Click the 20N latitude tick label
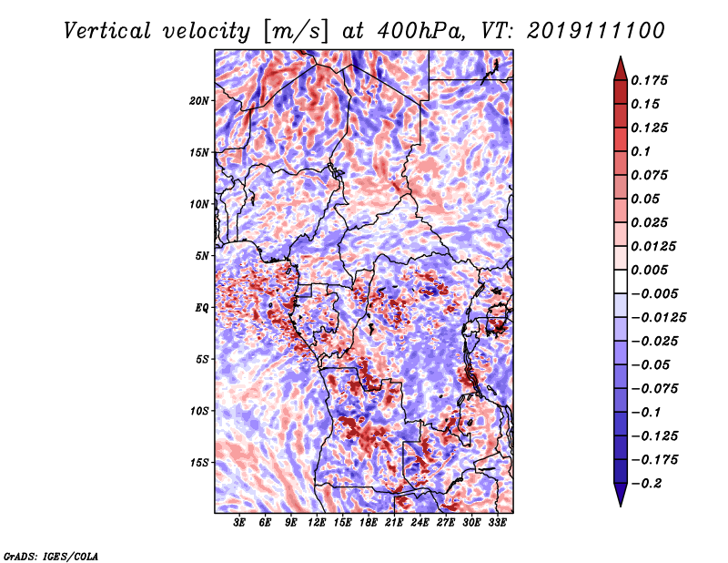tap(199, 101)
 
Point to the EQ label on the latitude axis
tap(201, 308)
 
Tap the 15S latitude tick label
tap(199, 463)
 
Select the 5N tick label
tap(202, 256)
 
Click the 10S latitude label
tap(199, 411)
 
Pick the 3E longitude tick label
tap(239, 522)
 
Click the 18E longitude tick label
tap(368, 522)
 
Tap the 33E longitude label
tap(497, 522)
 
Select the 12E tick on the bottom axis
tap(316, 522)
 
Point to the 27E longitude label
tap(445, 522)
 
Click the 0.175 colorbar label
tap(649, 80)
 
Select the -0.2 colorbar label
tap(646, 484)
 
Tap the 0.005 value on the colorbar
tap(649, 270)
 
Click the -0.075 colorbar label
tap(654, 389)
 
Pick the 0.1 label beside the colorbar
tap(641, 151)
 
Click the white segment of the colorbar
tap(621, 281)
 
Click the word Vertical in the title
tap(107, 31)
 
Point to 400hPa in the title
tap(420, 31)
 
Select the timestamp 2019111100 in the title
tap(596, 31)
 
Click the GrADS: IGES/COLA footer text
tap(51, 557)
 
